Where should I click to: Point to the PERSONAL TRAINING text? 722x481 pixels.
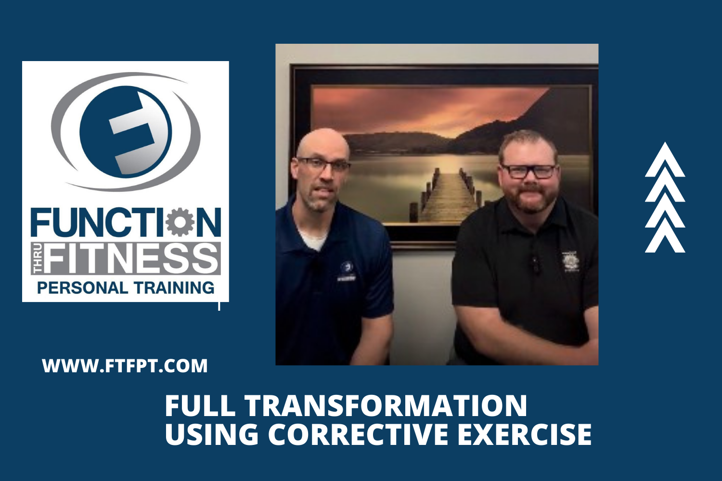click(126, 288)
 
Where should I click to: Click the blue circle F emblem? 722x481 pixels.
click(126, 131)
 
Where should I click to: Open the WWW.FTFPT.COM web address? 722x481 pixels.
click(125, 366)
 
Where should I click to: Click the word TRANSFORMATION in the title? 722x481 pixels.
click(386, 405)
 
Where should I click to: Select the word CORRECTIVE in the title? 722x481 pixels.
click(359, 434)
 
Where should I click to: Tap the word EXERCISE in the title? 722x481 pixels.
click(524, 434)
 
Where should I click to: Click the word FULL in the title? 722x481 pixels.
click(200, 405)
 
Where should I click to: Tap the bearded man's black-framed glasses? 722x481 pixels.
click(529, 171)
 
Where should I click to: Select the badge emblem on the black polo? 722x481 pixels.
click(570, 261)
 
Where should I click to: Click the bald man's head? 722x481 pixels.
click(322, 144)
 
